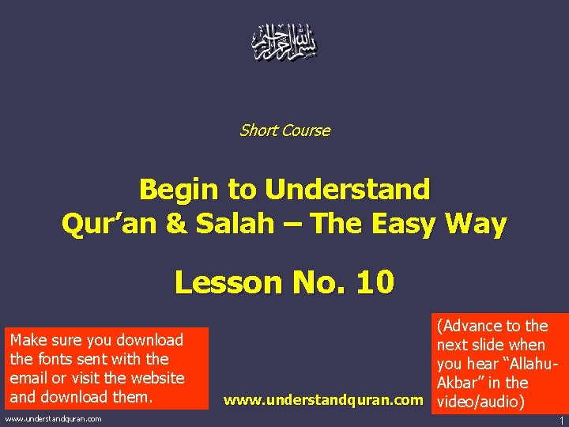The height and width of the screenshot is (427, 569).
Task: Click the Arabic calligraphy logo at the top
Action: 284,43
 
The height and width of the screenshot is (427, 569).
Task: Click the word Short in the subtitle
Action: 258,130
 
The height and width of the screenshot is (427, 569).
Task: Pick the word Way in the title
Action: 477,225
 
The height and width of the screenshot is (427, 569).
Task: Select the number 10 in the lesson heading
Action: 374,282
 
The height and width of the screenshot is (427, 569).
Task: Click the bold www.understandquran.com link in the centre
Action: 323,400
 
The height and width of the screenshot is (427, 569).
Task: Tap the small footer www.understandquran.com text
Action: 54,418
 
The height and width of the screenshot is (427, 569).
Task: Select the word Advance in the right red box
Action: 478,326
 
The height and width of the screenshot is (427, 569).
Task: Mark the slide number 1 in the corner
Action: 561,420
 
